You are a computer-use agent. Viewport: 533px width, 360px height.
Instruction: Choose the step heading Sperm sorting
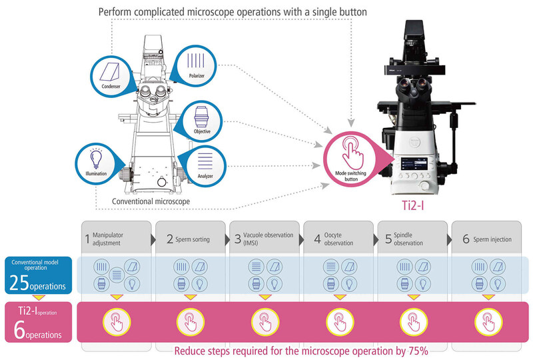183,239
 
